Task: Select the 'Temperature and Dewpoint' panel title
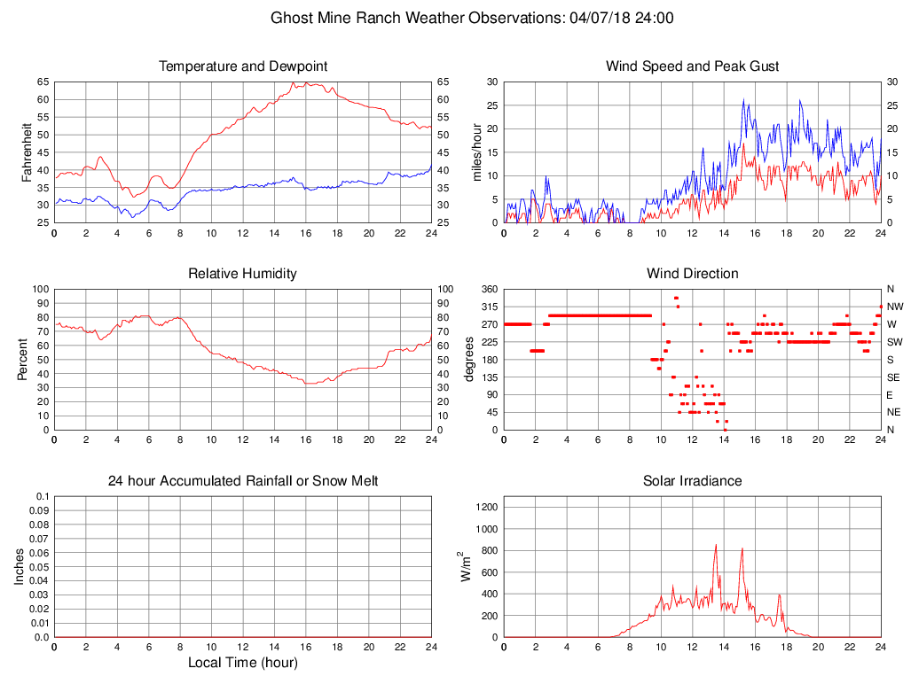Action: point(243,66)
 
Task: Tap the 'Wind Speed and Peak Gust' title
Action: point(693,66)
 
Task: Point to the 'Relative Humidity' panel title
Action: point(243,274)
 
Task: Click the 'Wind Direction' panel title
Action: point(693,274)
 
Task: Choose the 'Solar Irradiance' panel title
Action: point(693,481)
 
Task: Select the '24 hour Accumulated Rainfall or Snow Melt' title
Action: point(243,481)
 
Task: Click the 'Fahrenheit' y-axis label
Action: point(27,152)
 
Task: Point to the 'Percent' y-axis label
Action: point(27,360)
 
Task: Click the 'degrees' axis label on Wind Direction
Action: point(470,360)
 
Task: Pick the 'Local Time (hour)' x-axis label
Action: point(243,663)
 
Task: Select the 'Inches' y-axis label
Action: point(20,567)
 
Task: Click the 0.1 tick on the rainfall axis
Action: point(43,496)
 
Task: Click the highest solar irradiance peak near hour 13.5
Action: point(716,546)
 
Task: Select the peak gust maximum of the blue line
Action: point(744,99)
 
